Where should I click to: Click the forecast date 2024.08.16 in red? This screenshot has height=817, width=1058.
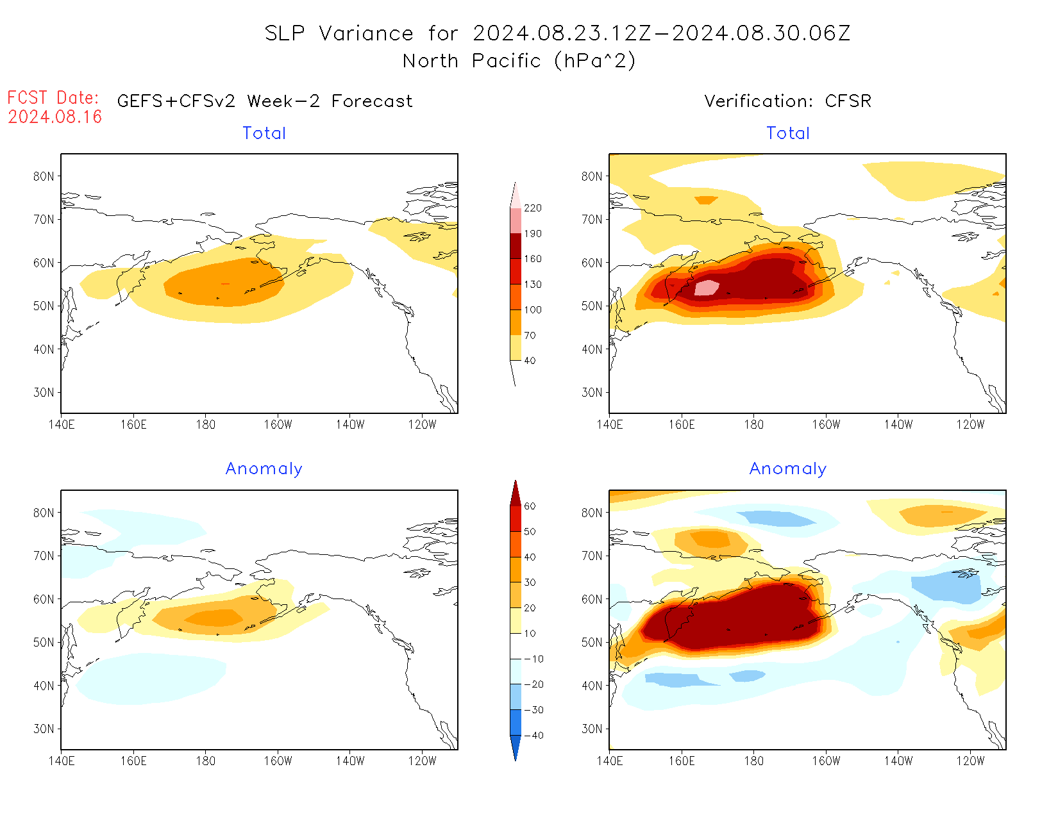55,117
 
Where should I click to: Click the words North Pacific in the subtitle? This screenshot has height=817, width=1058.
472,61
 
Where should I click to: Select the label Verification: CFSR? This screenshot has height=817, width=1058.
787,101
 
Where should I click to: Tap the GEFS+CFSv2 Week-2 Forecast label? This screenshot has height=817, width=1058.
265,101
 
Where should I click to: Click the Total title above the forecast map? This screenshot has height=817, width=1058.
264,133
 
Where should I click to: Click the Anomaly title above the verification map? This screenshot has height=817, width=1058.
788,469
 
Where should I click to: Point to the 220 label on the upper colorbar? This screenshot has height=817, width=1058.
532,208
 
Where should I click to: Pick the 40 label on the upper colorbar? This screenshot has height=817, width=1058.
530,361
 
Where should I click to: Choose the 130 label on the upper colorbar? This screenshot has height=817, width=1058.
532,285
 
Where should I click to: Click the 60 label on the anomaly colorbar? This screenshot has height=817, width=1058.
530,506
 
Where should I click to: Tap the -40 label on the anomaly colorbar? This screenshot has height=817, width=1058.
533,736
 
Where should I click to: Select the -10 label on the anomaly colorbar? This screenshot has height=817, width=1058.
533,659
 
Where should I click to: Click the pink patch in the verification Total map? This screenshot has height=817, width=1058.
707,287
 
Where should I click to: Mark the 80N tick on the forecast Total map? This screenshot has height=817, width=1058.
44,176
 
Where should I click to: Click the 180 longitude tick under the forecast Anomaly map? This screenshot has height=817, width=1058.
206,761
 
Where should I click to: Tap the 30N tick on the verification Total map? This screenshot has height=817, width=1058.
592,393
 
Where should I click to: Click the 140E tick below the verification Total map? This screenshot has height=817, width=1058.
609,425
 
